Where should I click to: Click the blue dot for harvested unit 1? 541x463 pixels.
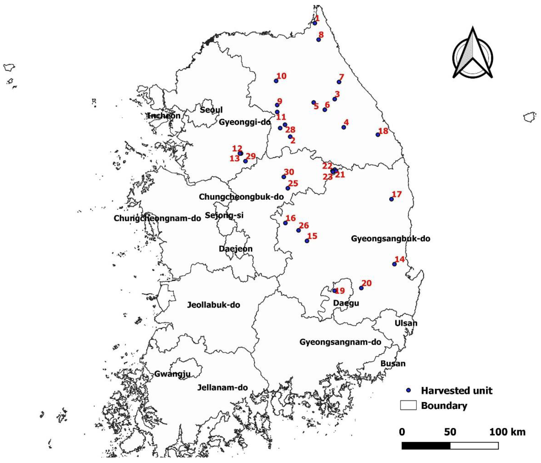click(315, 23)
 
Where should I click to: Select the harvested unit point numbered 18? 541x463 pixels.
click(378, 135)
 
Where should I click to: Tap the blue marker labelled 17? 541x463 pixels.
click(391, 199)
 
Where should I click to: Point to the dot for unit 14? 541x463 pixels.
click(394, 264)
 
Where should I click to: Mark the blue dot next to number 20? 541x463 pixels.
click(361, 288)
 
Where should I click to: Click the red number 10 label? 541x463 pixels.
click(282, 76)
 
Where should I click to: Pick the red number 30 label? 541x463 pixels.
click(289, 172)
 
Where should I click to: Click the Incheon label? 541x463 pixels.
click(164, 116)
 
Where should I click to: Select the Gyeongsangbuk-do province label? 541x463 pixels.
click(390, 239)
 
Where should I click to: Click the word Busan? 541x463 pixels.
click(393, 363)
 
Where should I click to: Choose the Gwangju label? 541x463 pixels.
click(172, 374)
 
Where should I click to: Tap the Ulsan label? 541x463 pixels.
click(406, 323)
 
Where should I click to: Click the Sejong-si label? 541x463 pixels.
click(224, 215)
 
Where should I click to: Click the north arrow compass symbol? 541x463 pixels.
click(472, 54)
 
